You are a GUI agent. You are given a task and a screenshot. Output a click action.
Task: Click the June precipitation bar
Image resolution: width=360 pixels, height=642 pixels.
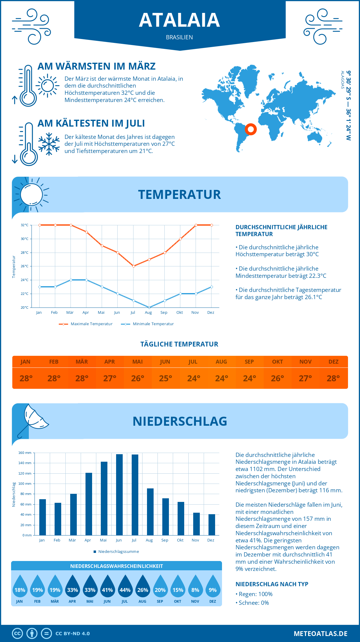pyautogui.click(x=119, y=495)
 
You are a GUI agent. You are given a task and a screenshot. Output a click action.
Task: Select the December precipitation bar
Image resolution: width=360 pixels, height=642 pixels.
pyautogui.click(x=212, y=525)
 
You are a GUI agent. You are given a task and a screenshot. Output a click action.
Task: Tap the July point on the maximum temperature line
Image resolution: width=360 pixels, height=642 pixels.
pyautogui.click(x=133, y=266)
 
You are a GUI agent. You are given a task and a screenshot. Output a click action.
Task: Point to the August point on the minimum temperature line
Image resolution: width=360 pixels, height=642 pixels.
pyautogui.click(x=149, y=307)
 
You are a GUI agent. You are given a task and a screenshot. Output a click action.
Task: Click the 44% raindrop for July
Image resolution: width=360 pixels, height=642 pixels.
pyautogui.click(x=125, y=586)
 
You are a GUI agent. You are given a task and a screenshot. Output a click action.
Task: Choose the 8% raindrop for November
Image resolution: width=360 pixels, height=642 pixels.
pyautogui.click(x=195, y=586)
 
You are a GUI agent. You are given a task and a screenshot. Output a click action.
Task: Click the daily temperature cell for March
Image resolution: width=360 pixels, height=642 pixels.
pyautogui.click(x=82, y=378)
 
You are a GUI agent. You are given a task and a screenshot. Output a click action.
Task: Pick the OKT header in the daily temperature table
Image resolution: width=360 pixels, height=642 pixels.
pyautogui.click(x=277, y=362)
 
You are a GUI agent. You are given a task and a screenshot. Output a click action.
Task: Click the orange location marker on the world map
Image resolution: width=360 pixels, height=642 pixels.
pyautogui.click(x=250, y=129)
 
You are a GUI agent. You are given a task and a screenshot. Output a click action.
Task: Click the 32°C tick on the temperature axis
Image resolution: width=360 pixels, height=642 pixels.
pyautogui.click(x=25, y=225)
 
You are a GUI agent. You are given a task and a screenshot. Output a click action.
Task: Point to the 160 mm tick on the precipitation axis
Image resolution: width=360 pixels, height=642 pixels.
pyautogui.click(x=25, y=453)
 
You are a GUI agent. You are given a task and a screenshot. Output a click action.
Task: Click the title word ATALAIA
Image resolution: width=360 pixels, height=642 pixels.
pyautogui.click(x=179, y=20)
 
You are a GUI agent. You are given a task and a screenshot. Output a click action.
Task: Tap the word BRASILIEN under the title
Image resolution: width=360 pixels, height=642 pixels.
pyautogui.click(x=179, y=37)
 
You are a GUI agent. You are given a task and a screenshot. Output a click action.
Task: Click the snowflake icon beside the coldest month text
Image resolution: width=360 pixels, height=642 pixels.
pyautogui.click(x=49, y=144)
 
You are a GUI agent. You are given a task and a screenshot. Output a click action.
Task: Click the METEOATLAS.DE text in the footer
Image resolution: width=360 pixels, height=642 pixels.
pyautogui.click(x=320, y=634)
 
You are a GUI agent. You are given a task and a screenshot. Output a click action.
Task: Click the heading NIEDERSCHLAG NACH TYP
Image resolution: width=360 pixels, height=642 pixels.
pyautogui.click(x=272, y=584)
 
